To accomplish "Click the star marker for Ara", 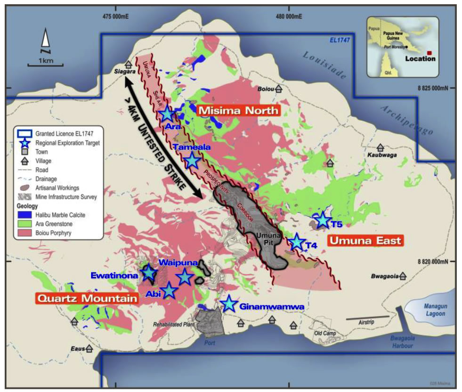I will coord(167,114).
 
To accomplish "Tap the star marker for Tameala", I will coord(192,161).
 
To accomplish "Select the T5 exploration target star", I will coord(323,220).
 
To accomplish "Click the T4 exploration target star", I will coord(297,242).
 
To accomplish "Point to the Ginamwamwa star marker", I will coord(229,304).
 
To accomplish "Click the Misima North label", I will coord(238,111).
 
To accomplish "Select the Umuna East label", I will coord(365,241).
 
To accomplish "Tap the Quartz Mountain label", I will coord(87,298).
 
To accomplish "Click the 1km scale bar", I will coord(45,64).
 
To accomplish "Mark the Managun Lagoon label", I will coord(435,310).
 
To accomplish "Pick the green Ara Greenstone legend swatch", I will coord(23,224).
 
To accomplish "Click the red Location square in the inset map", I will coord(429,52).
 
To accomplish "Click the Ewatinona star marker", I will coord(149,272).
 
